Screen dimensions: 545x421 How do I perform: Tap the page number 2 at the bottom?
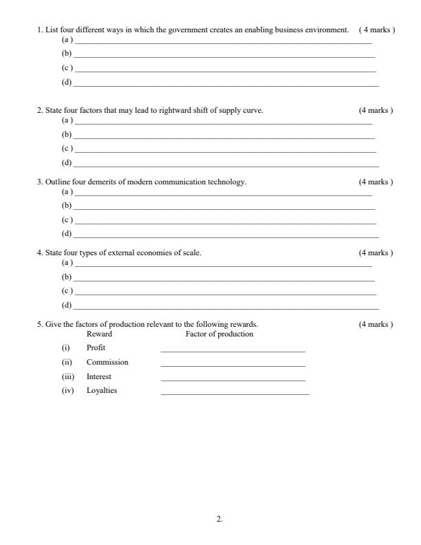coord(219,519)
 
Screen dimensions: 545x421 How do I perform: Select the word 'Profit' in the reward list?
coord(96,348)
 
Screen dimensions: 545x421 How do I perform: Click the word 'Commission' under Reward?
coord(107,362)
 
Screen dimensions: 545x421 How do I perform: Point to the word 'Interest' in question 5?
coord(98,376)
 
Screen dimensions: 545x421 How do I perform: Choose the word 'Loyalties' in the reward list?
coord(102,391)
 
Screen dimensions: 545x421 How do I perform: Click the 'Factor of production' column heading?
coord(219,334)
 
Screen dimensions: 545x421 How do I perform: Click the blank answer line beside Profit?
coord(233,351)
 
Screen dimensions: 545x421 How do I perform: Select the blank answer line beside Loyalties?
coord(235,394)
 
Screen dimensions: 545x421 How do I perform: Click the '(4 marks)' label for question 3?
coord(376,182)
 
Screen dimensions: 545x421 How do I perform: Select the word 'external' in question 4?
coord(113,253)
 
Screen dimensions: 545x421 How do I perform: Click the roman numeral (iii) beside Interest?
coord(67,376)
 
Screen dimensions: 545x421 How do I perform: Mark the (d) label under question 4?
coord(67,305)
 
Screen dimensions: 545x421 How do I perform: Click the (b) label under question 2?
coord(67,134)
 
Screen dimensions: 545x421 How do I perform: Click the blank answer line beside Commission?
coord(233,365)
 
